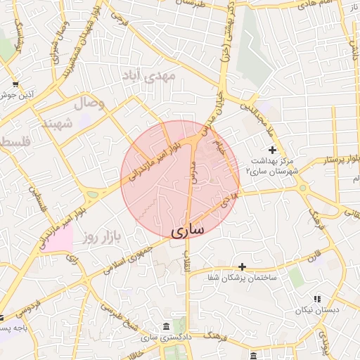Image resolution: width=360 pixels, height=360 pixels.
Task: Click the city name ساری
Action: pyautogui.click(x=186, y=229)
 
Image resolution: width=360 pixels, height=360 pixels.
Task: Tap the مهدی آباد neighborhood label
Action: pyautogui.click(x=164, y=74)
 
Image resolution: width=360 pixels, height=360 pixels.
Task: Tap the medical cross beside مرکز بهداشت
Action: pyautogui.click(x=273, y=149)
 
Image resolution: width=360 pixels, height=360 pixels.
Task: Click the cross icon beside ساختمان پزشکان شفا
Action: pyautogui.click(x=243, y=266)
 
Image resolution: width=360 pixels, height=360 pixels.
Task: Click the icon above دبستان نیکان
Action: pyautogui.click(x=317, y=298)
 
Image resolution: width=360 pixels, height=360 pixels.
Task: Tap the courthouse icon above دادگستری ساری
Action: pyautogui.click(x=165, y=327)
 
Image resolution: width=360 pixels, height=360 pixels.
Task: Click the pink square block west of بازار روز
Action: pyautogui.click(x=60, y=238)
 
